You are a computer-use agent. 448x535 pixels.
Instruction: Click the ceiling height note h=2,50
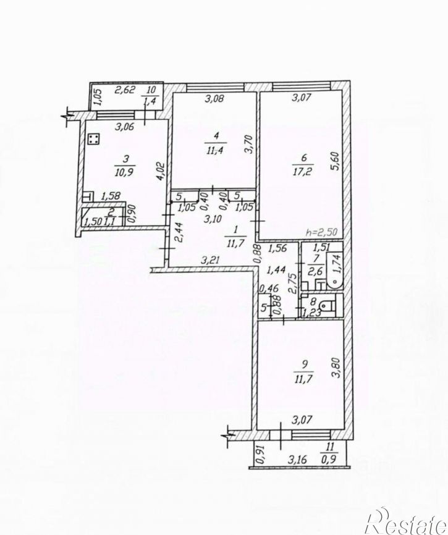323,232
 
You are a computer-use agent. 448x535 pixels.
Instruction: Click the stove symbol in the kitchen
94,140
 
